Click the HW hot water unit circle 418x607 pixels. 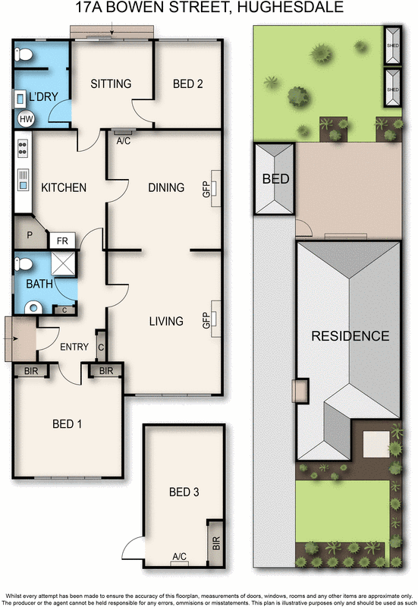point(26,119)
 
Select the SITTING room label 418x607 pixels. point(111,83)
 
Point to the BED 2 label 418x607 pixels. point(187,83)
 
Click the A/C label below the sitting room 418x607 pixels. point(123,140)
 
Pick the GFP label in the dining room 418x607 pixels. point(206,189)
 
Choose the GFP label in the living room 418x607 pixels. point(206,321)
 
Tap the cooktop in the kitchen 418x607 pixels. point(23,149)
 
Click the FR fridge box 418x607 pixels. point(61,241)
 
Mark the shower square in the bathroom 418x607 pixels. point(64,265)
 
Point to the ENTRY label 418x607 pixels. point(74,347)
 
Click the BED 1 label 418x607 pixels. point(67,424)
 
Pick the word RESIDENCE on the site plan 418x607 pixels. point(349,336)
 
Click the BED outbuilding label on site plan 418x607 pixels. point(275,180)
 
